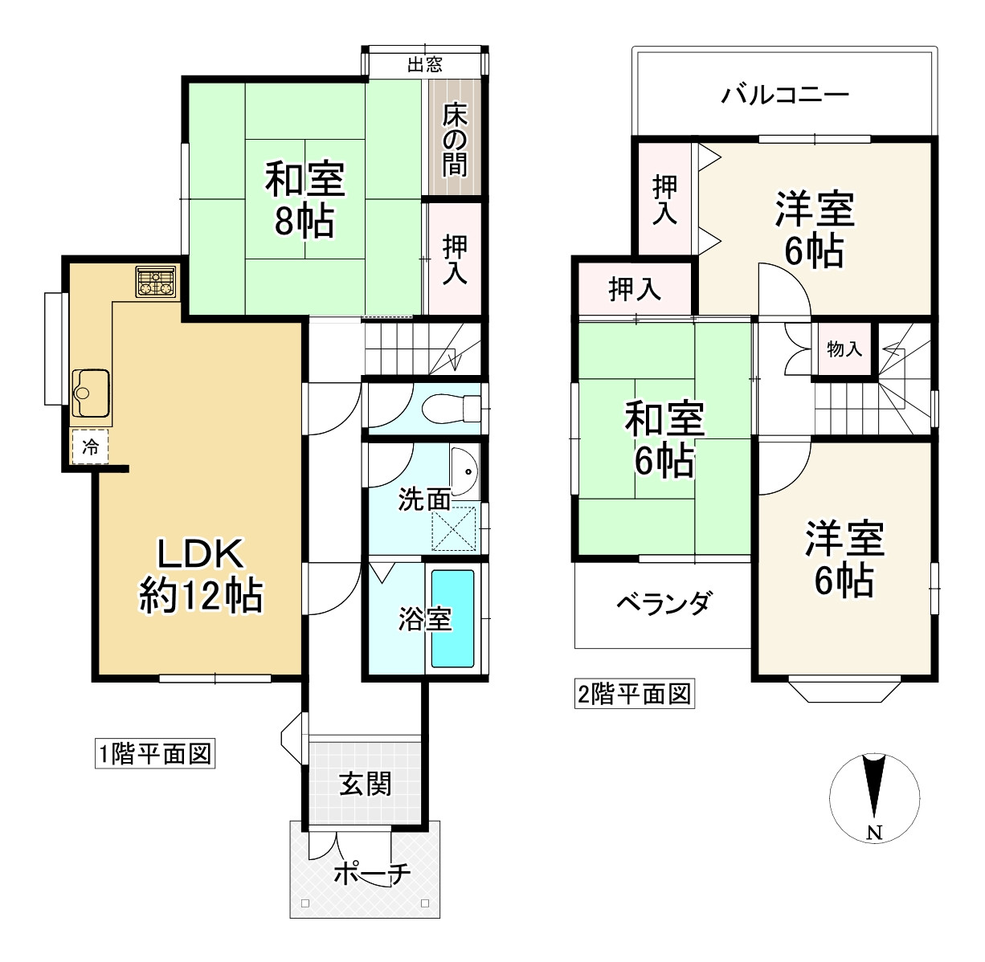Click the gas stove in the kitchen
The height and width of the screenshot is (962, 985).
[x=156, y=282]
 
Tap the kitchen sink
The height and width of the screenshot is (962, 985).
[x=90, y=393]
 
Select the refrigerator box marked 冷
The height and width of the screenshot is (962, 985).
[x=91, y=447]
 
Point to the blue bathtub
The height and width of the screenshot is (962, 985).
[x=453, y=618]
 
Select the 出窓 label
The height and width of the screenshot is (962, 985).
[x=425, y=64]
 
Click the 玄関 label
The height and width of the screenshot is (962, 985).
[x=365, y=784]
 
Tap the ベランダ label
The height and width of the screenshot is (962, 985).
[x=663, y=602]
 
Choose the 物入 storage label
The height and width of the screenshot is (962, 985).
[x=844, y=349]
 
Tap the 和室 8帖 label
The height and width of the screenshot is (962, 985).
[x=304, y=200]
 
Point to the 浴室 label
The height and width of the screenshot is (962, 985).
[x=425, y=619]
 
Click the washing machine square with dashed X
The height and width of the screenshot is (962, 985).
[x=454, y=527]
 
